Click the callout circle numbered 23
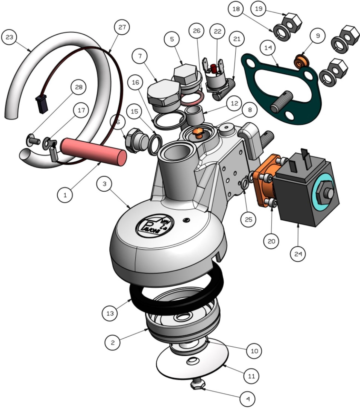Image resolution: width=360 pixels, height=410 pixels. [9, 37]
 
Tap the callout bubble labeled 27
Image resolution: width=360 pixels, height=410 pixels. [122, 27]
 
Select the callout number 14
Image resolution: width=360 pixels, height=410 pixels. [268, 48]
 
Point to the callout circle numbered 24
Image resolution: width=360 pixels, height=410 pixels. [298, 254]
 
